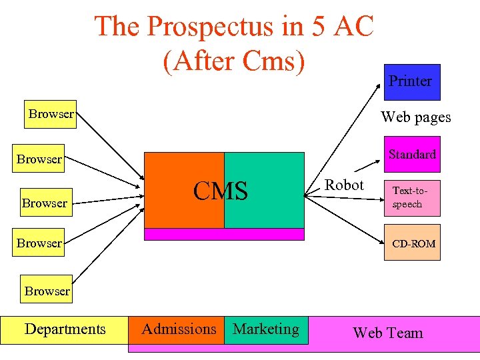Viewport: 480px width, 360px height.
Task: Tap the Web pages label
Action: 415,117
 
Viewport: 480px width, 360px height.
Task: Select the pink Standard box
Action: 411,155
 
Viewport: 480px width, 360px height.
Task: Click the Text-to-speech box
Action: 411,197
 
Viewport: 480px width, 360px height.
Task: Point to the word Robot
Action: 344,185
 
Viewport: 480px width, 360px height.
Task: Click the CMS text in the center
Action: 221,191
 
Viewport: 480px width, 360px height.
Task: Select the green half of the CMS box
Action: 273,207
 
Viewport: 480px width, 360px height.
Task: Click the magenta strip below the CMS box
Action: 224,234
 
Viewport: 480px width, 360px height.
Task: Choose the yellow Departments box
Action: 65,329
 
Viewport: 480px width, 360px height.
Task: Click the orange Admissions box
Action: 178,329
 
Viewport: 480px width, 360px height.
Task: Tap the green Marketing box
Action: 266,329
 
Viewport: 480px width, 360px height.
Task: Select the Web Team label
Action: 387,333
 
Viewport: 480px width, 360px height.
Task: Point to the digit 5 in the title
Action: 315,27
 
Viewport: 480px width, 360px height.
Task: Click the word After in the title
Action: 198,61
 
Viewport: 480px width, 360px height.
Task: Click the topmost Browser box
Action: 51,114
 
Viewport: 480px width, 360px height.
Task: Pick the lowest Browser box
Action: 47,291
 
